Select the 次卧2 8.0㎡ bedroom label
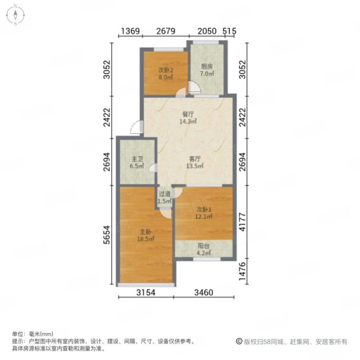pos(165,73)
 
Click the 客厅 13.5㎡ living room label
pos(195,162)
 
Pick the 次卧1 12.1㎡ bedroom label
pos(204,213)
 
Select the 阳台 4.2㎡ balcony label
pos(204,249)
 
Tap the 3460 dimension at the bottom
pos(203,293)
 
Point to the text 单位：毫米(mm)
pos(32,334)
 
